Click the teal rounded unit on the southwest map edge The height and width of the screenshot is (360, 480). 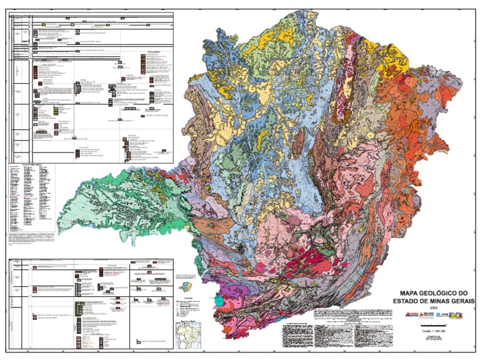[218, 301]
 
